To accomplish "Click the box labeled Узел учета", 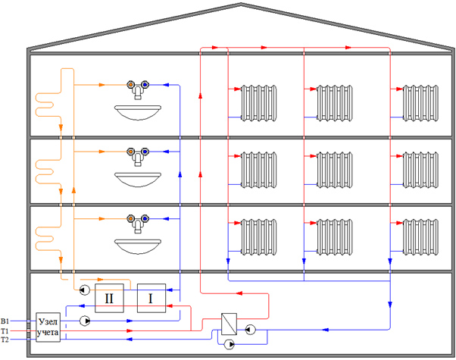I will coord(48,329).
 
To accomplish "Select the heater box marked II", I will coord(109,299).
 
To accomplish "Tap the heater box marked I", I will coord(150,299).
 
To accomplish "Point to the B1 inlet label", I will coord(5,321).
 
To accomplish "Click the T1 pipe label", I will coord(5,330).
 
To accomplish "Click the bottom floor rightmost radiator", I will coord(420,236).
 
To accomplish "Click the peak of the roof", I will coord(242,5).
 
